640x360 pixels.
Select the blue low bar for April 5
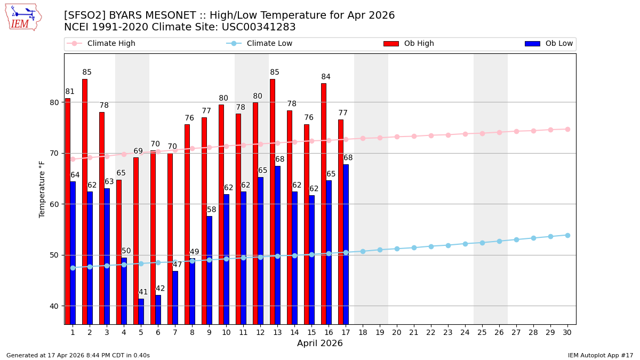[x=141, y=311]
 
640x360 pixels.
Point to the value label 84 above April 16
[x=326, y=77]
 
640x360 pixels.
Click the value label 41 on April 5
[x=143, y=292]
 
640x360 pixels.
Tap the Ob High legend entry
[x=408, y=44]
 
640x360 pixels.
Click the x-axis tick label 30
[x=567, y=332]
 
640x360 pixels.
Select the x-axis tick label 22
[x=431, y=332]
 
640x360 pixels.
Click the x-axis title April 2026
[x=320, y=343]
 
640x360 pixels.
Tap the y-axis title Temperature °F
[x=42, y=189]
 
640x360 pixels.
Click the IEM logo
[x=23, y=17]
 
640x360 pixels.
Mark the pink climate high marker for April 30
[x=567, y=129]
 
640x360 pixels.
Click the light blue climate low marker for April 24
[x=465, y=244]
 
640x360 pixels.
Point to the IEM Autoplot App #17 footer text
[x=600, y=355]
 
